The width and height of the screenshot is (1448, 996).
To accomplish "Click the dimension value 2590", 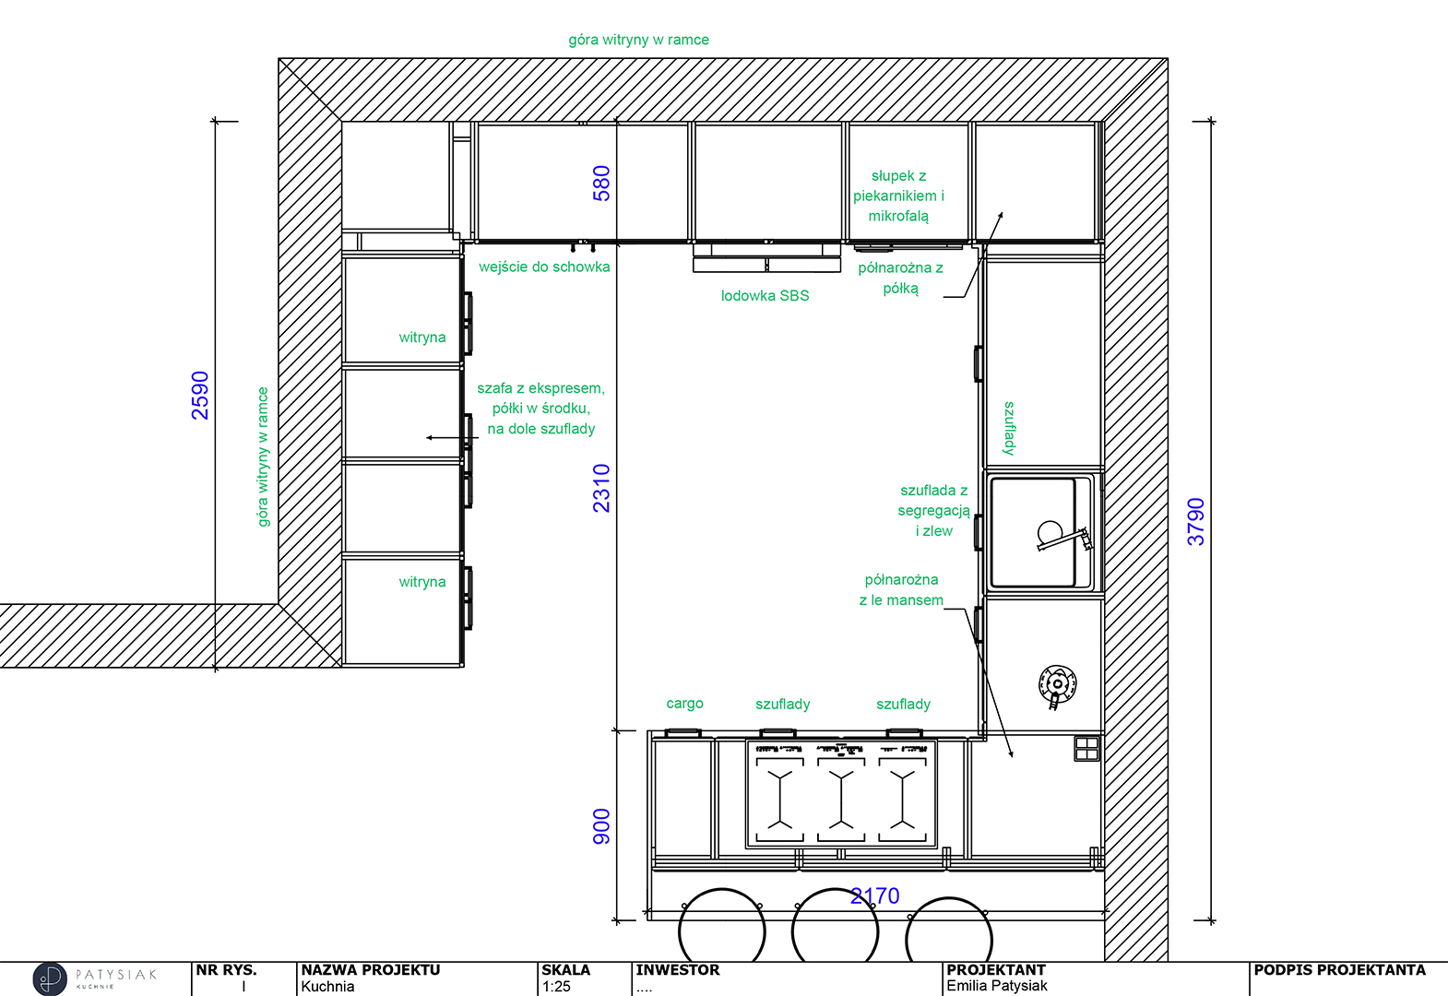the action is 200,396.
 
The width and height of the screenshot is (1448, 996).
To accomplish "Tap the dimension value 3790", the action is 1196,522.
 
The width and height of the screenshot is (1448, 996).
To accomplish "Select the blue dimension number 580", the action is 601,184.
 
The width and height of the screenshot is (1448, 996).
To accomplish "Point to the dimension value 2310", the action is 601,488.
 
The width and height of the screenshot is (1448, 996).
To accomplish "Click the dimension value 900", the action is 601,826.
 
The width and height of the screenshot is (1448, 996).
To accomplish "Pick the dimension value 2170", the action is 874,895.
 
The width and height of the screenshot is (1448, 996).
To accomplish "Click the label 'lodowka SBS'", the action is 765,295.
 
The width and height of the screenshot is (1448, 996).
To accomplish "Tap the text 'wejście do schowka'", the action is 544,267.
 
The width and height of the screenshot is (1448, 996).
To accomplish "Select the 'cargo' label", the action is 684,704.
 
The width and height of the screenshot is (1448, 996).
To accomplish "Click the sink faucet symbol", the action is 1064,538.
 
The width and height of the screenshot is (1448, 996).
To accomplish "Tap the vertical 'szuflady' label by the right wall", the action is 1009,428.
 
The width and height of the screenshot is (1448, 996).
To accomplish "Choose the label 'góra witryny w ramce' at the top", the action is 638,40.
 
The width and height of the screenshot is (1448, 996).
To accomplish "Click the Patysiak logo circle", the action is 50,978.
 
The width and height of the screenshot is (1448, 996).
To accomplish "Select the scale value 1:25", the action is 556,986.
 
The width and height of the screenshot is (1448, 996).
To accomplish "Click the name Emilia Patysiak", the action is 997,986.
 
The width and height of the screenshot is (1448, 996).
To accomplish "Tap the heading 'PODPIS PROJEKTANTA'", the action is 1339,970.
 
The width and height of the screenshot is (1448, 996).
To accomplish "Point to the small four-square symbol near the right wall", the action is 1086,749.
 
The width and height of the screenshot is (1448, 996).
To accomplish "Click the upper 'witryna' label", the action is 422,337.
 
